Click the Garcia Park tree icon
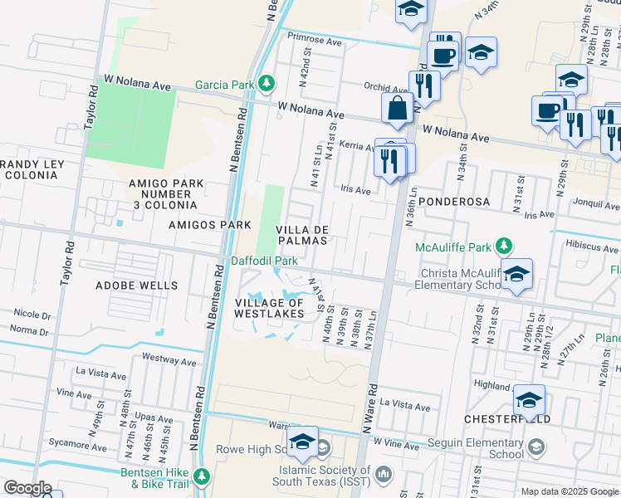266,84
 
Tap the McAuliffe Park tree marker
503,246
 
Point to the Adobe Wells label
137,286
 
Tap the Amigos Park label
198,225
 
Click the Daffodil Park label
264,261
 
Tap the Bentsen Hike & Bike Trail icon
202,476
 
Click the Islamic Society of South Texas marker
383,474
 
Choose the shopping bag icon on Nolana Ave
398,109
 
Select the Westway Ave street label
169,359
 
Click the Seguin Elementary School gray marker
536,448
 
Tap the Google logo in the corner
27,488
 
